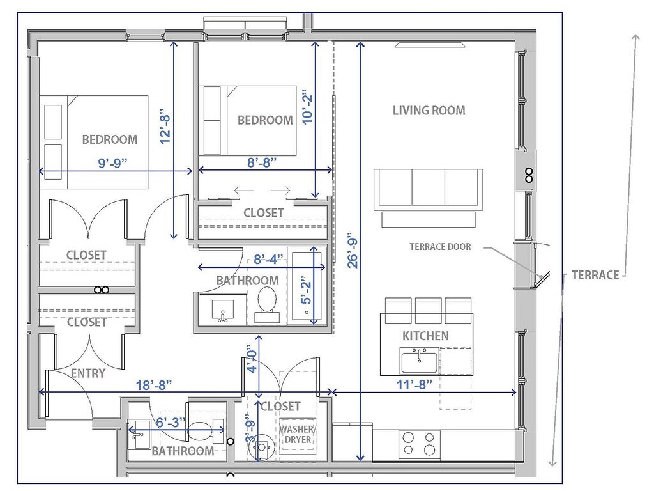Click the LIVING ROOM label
coord(429,111)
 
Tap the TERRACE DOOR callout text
coord(440,247)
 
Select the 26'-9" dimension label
coord(353,250)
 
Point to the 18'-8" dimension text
coord(154,385)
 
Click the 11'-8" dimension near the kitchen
coord(414,384)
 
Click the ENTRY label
coord(88,373)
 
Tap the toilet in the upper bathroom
coord(267,305)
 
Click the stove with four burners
coord(419,445)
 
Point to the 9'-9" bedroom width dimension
coord(112,162)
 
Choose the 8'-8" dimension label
coord(262,162)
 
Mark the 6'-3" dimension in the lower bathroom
coord(171,422)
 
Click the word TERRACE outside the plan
coord(595,275)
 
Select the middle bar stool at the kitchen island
coord(429,311)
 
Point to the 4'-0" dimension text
coord(252,358)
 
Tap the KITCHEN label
coord(425,336)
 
